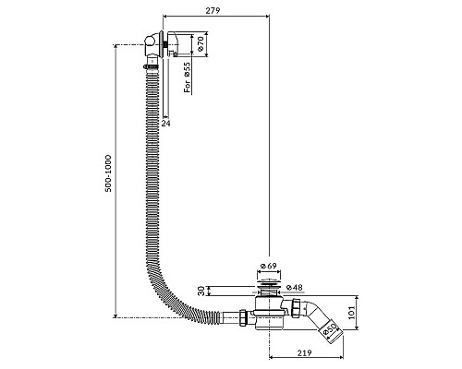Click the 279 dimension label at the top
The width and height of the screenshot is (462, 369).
click(213, 10)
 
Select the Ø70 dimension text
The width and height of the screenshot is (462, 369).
click(201, 43)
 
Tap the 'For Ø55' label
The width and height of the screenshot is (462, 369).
click(188, 77)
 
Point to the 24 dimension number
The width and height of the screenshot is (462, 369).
click(165, 123)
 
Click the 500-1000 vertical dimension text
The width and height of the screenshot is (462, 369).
click(108, 173)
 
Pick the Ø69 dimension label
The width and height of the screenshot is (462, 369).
click(269, 266)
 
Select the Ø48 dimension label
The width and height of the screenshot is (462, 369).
click(295, 288)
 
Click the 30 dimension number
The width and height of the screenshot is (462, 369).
click(201, 291)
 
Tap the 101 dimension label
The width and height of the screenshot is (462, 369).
click(352, 312)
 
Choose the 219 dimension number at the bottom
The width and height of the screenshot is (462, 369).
click(305, 352)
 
